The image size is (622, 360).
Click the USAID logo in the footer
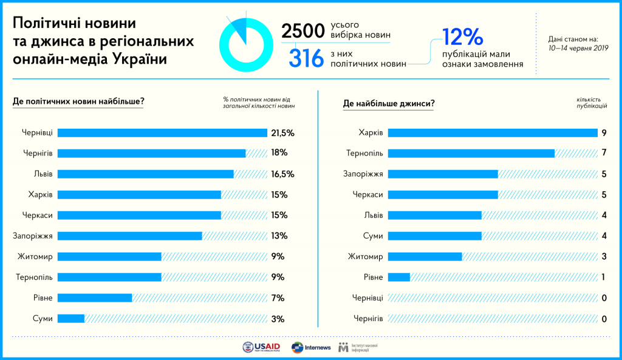pyautogui.click(x=261, y=347)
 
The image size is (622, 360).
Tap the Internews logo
pyautogui.click(x=311, y=347)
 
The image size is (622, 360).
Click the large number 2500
pyautogui.click(x=302, y=32)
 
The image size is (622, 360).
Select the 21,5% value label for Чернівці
pyautogui.click(x=283, y=133)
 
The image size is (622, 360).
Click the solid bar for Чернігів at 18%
pyautogui.click(x=151, y=154)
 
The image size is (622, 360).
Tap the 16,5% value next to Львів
pyautogui.click(x=283, y=174)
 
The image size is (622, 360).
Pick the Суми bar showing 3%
pyautogui.click(x=70, y=319)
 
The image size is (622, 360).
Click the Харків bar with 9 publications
pyautogui.click(x=493, y=133)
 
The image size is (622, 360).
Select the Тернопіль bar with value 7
pyautogui.click(x=471, y=154)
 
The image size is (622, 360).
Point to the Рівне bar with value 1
pyautogui.click(x=398, y=277)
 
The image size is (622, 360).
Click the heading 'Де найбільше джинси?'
pyautogui.click(x=388, y=104)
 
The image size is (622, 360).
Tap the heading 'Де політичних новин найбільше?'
pyautogui.click(x=78, y=101)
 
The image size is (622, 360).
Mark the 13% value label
pyautogui.click(x=279, y=236)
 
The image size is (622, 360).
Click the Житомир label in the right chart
pyautogui.click(x=365, y=257)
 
